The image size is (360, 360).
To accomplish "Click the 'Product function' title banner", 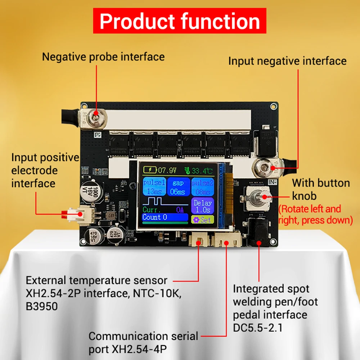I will [x=180, y=21].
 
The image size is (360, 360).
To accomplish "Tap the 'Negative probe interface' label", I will [x=103, y=57].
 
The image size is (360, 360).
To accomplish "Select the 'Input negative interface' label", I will [x=287, y=61].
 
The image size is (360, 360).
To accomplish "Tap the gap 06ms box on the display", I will [x=178, y=186].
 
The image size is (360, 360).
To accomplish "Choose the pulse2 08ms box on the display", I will [x=202, y=186].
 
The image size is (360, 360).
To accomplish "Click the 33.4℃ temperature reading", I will [x=200, y=169].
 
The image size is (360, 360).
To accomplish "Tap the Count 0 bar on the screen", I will [x=165, y=217].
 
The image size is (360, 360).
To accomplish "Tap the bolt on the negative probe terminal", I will [x=95, y=114].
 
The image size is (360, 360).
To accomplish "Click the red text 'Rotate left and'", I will [x=310, y=209].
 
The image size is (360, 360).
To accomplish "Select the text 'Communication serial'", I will [x=143, y=336].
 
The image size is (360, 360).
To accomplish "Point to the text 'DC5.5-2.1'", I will [x=258, y=328].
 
